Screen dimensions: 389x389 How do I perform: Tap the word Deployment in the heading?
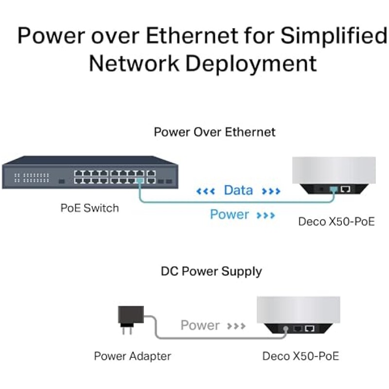point(251,64)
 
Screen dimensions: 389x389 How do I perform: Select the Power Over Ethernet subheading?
point(214,132)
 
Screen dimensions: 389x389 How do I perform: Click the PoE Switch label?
point(90,208)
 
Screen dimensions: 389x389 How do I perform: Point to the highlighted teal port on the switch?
point(140,180)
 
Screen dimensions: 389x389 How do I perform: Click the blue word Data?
point(238,190)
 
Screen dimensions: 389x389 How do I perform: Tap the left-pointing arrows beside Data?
point(205,191)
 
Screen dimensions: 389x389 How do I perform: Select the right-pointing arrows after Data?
point(271,191)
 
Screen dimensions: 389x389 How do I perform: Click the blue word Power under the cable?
point(230,214)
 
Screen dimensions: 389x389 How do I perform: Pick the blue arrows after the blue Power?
point(265,215)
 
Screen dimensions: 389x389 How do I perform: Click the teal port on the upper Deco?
point(334,190)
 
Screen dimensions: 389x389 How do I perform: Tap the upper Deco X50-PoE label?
point(336,222)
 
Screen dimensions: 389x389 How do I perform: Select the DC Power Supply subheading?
point(212,271)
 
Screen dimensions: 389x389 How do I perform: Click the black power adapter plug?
point(131,319)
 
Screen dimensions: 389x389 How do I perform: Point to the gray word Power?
point(200,325)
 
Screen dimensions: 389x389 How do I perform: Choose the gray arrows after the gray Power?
point(236,326)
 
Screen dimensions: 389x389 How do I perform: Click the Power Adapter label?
point(132,356)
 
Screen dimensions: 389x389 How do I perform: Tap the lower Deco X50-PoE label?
point(301,356)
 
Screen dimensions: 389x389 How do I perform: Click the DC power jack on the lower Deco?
point(286,329)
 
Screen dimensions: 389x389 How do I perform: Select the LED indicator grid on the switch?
point(32,177)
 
